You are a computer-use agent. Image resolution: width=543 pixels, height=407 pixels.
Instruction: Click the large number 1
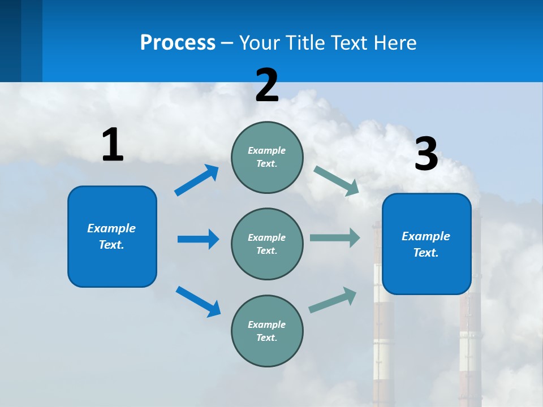pyautogui.click(x=113, y=145)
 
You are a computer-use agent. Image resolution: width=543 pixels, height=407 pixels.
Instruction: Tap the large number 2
pyautogui.click(x=267, y=85)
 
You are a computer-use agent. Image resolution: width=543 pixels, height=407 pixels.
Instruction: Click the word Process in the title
pyautogui.click(x=178, y=42)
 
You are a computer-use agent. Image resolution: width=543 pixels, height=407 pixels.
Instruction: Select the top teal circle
pyautogui.click(x=267, y=157)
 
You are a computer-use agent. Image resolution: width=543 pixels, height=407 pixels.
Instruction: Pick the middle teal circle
pyautogui.click(x=267, y=244)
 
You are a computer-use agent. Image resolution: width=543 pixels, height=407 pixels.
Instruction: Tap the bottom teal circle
pyautogui.click(x=267, y=331)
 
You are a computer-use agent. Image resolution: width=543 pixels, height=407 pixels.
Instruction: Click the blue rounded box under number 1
pyautogui.click(x=112, y=236)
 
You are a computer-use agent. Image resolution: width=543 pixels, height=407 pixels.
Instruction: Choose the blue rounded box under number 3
pyautogui.click(x=426, y=244)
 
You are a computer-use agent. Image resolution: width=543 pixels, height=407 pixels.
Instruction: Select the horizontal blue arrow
pyautogui.click(x=198, y=239)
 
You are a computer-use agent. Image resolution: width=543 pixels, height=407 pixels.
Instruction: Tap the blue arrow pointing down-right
pyautogui.click(x=198, y=301)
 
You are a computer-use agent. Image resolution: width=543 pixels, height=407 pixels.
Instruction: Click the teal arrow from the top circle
pyautogui.click(x=337, y=181)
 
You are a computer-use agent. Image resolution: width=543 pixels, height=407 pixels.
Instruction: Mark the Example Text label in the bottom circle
pyautogui.click(x=267, y=331)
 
